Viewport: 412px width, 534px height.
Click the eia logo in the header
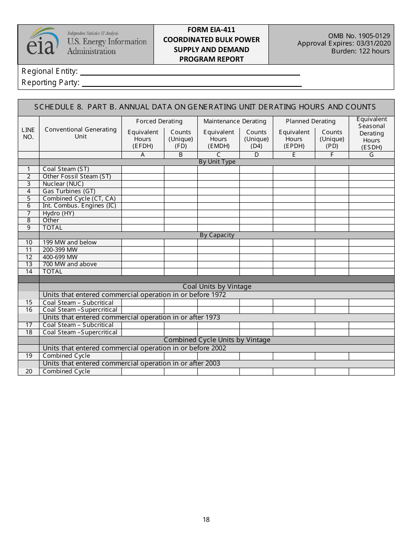pos(42,42)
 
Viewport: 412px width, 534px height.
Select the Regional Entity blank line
pos(190,72)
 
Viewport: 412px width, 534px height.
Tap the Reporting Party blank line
pos(191,83)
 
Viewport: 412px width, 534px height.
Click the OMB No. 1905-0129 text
pos(359,36)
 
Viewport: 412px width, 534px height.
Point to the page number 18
pos(206,519)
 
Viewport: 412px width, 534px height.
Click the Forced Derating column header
pos(159,122)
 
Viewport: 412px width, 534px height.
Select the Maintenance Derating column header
pos(235,122)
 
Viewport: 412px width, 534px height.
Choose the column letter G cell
pos(371,155)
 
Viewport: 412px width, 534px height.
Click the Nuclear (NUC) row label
pos(63,184)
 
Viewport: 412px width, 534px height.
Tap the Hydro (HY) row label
pos(59,213)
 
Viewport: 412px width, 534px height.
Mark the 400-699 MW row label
pos(60,257)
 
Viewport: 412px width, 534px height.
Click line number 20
pos(29,371)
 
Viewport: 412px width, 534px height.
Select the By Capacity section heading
pos(217,235)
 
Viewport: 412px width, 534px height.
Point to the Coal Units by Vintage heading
pos(217,287)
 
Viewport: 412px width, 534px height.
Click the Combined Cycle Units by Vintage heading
pos(217,340)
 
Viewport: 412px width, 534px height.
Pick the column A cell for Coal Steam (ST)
pos(143,169)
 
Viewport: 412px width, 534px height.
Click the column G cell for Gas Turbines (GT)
pos(371,191)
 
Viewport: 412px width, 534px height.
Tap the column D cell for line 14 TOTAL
pos(256,272)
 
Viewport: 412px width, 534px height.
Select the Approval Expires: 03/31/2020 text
pos(344,43)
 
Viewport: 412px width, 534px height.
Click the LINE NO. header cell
pos(28,133)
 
